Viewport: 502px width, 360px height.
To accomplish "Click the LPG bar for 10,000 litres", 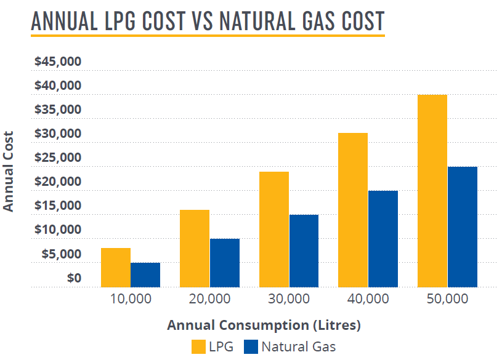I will [x=115, y=268].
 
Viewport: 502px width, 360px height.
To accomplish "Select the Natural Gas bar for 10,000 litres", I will [x=145, y=275].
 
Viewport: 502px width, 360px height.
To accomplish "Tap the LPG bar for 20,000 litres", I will [x=195, y=249].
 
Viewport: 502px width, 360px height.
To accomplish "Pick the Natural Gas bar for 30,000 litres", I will [x=304, y=251].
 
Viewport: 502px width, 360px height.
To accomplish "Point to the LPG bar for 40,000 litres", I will [x=353, y=210].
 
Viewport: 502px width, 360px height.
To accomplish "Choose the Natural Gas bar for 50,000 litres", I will [x=462, y=227].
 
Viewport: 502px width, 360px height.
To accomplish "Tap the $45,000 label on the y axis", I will [x=59, y=62].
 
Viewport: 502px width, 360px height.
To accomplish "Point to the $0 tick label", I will [x=74, y=278].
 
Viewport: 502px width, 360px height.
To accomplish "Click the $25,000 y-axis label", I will [x=59, y=158].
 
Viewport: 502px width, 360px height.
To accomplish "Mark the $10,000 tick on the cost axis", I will [x=59, y=230].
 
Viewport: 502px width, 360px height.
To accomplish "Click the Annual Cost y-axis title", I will [x=9, y=171].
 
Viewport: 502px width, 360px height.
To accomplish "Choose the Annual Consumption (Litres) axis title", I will [x=264, y=324].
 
